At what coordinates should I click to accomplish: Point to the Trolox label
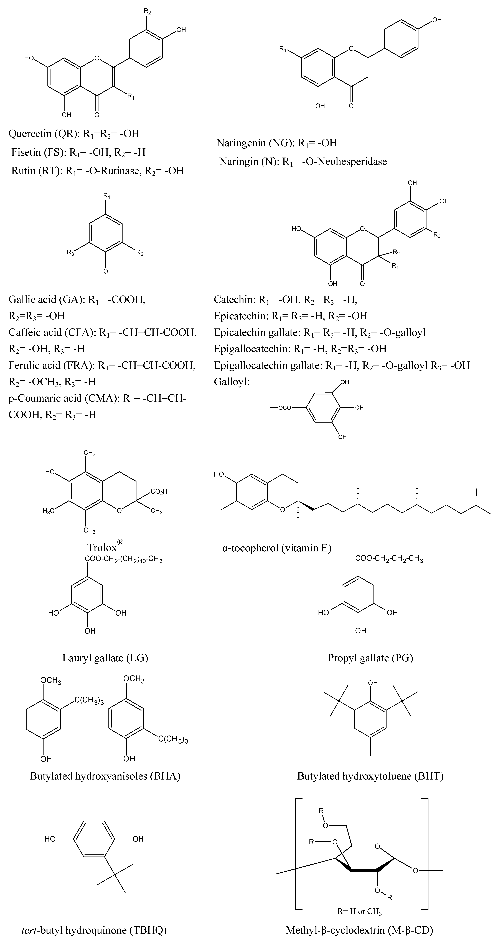(102, 547)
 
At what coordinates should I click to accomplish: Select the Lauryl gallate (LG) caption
(105, 658)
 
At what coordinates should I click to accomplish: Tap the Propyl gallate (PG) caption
(370, 658)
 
